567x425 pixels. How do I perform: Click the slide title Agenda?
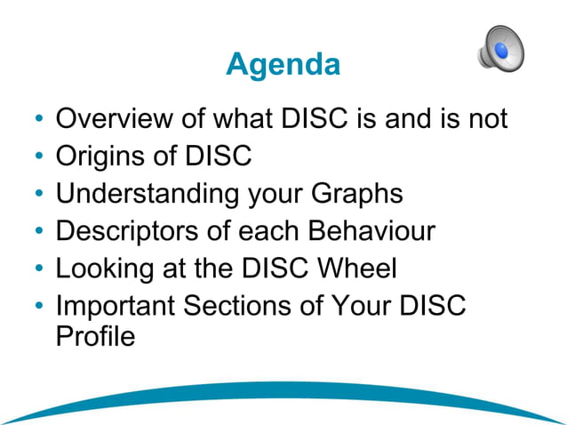click(x=283, y=64)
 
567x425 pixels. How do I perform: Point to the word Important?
click(x=114, y=306)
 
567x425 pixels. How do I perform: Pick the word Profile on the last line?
click(x=95, y=337)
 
